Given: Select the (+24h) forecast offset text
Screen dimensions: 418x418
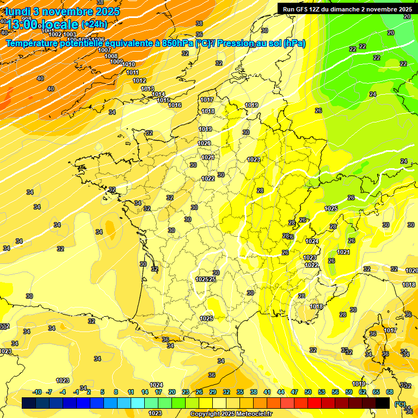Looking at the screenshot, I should pos(94,24).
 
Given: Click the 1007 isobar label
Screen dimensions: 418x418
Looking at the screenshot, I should pos(104,50).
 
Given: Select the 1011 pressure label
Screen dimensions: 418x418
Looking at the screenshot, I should pos(132,72).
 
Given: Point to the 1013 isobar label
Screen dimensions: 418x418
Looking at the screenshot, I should pos(147,89).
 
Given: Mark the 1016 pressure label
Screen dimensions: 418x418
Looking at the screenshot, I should pos(175,105).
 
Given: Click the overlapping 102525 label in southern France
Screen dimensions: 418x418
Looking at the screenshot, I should pos(206,279).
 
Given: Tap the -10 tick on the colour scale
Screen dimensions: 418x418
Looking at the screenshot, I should pos(38,392).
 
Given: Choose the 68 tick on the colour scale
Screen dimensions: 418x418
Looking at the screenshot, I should pos(390,392).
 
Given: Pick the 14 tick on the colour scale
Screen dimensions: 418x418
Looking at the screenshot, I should pos(145,392).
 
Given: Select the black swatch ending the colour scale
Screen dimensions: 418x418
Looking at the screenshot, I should pos(383,403).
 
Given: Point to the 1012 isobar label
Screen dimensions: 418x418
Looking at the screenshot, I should pos(139,81).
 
